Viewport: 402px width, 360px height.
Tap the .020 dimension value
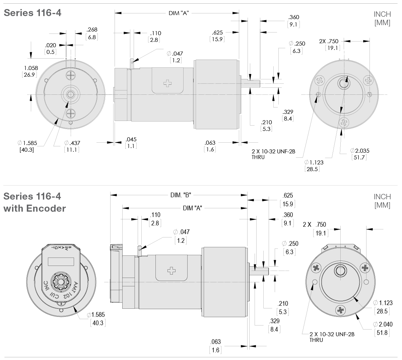click(51, 45)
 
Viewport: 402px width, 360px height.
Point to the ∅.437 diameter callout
click(72, 143)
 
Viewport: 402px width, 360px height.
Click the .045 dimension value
click(131, 139)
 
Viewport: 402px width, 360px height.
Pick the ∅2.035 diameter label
click(360, 151)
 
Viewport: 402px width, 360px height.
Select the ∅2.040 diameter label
click(383, 325)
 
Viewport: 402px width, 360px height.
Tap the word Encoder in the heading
click(47, 208)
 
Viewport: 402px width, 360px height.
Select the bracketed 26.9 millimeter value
click(29, 75)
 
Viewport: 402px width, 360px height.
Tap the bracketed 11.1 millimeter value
click(72, 150)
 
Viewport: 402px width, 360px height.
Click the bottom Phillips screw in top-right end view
click(343, 122)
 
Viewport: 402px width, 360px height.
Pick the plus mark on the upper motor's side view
click(167, 83)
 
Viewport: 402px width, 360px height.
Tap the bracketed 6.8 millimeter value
click(92, 37)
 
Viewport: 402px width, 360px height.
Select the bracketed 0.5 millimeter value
click(51, 52)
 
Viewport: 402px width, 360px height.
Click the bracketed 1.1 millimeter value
click(131, 146)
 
